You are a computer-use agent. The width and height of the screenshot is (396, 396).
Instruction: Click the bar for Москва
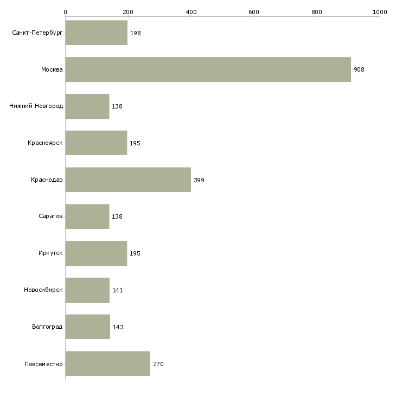pyautogui.click(x=208, y=69)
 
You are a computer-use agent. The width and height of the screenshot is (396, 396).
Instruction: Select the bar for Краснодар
pyautogui.click(x=128, y=180)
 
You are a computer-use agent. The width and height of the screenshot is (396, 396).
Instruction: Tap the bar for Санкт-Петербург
pyautogui.click(x=96, y=33)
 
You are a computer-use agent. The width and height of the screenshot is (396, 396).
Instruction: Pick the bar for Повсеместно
pyautogui.click(x=108, y=363)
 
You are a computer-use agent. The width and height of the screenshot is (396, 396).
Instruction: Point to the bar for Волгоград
pyautogui.click(x=88, y=327)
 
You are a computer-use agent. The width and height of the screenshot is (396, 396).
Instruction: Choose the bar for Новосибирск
pyautogui.click(x=87, y=290)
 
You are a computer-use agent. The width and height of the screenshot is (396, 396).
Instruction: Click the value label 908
pyautogui.click(x=359, y=69)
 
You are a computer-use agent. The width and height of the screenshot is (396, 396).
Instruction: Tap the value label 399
pyautogui.click(x=199, y=180)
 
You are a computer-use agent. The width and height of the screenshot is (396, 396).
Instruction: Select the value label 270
pyautogui.click(x=158, y=364)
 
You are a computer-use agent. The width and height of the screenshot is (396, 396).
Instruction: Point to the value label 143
pyautogui.click(x=118, y=327)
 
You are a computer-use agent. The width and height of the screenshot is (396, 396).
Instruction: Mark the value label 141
pyautogui.click(x=118, y=290)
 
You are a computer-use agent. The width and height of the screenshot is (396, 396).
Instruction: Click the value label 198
pyautogui.click(x=136, y=33)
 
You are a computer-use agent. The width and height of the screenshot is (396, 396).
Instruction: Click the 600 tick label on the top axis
pyautogui.click(x=254, y=12)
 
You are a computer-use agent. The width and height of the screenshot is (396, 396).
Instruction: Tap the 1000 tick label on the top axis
pyautogui.click(x=380, y=12)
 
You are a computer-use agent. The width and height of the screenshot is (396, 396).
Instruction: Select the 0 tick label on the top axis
pyautogui.click(x=66, y=12)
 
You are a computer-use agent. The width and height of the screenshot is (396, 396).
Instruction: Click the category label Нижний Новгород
pyautogui.click(x=36, y=106)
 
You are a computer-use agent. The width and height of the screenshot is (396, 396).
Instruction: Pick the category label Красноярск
pyautogui.click(x=45, y=143)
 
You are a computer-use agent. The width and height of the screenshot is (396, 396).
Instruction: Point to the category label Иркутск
pyautogui.click(x=50, y=253)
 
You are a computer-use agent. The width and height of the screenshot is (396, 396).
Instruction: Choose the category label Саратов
pyautogui.click(x=50, y=216)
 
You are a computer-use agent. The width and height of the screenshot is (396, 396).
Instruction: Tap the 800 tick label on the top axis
pyautogui.click(x=317, y=12)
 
